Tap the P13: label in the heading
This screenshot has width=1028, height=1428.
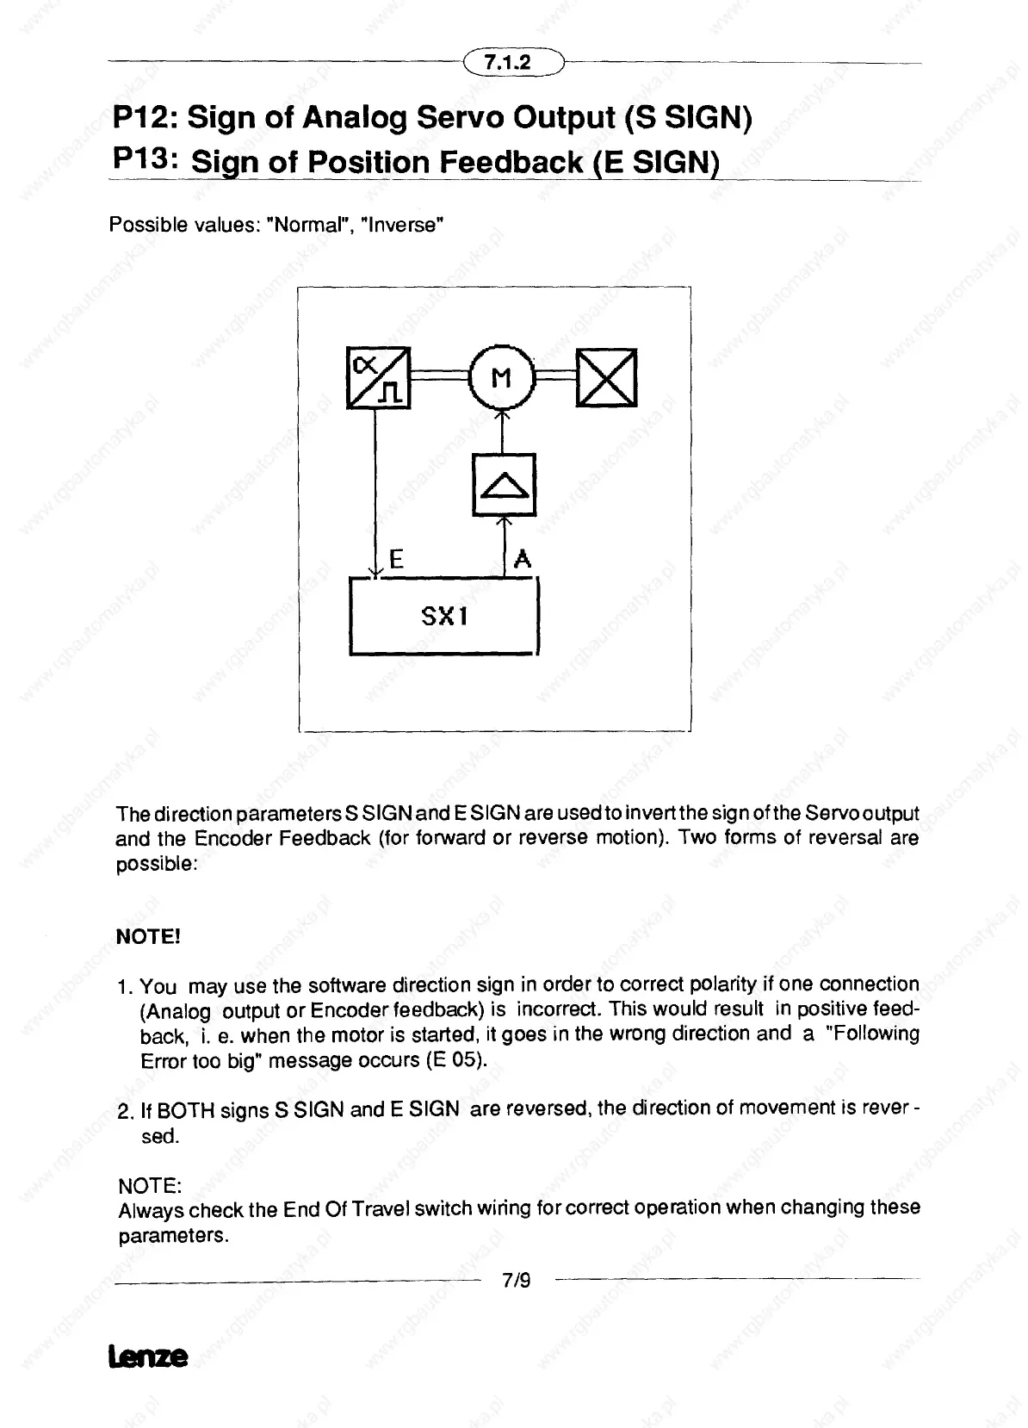pyautogui.click(x=146, y=159)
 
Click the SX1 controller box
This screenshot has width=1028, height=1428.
pyautogui.click(x=443, y=616)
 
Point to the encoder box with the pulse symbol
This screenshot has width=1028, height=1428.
pyautogui.click(x=379, y=377)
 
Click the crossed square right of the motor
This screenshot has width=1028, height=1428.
pyautogui.click(x=607, y=377)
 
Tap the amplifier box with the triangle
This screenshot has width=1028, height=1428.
pyautogui.click(x=505, y=484)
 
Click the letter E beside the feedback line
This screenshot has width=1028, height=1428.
pyautogui.click(x=397, y=560)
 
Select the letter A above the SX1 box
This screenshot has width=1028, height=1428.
pyautogui.click(x=522, y=560)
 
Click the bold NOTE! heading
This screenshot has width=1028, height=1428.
pyautogui.click(x=147, y=937)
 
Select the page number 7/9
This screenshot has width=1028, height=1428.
pyautogui.click(x=517, y=1281)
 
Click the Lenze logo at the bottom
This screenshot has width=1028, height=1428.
pyautogui.click(x=147, y=1357)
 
